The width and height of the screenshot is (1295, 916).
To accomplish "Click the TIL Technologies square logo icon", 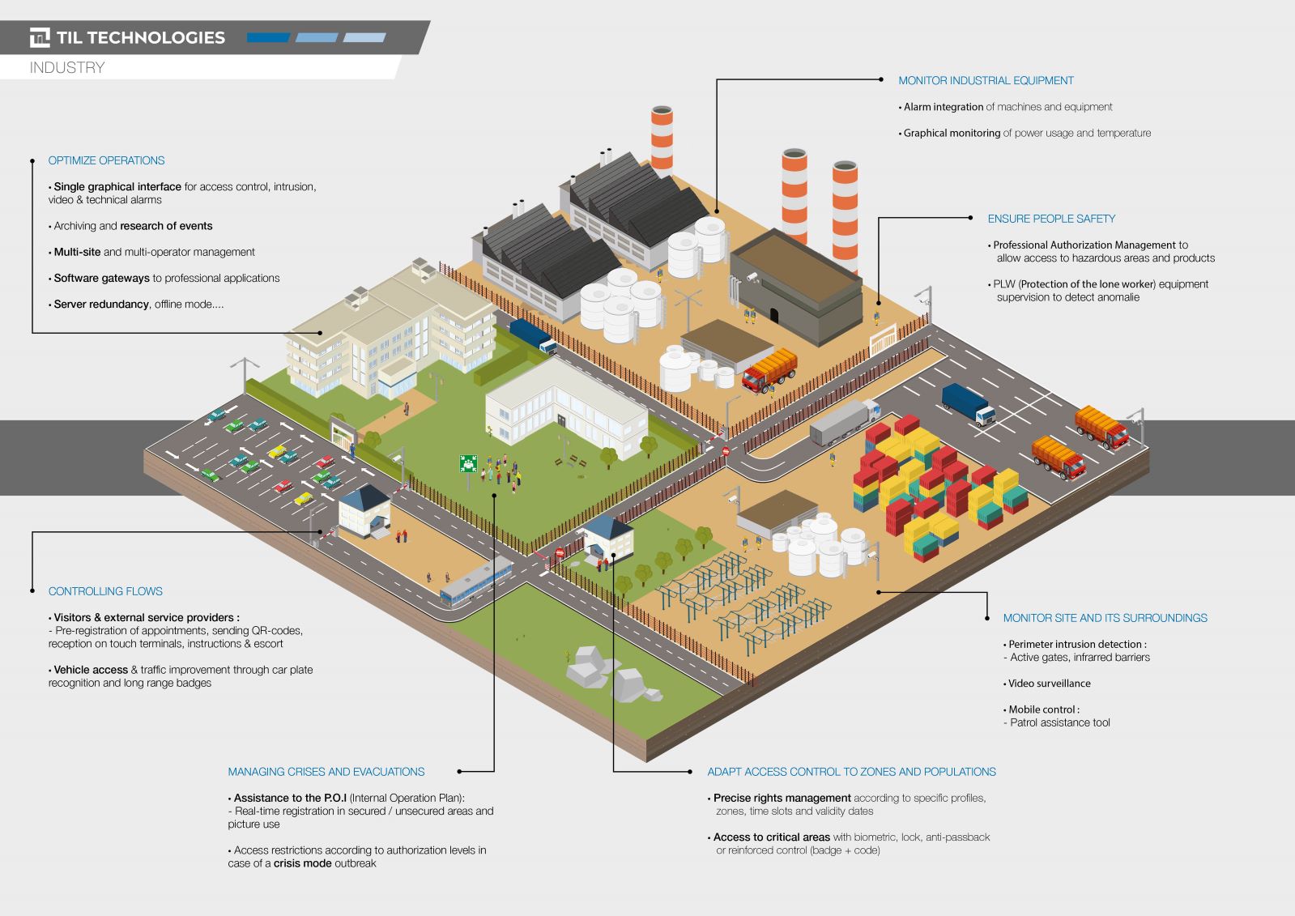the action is pos(40,37).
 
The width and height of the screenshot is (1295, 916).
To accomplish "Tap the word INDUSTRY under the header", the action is pos(67,68).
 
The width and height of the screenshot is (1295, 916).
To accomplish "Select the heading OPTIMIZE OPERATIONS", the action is pos(106,160).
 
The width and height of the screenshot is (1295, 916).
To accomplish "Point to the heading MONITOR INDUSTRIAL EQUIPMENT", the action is pos(986,80).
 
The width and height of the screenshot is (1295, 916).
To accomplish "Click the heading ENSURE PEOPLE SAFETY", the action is pos(1051,219).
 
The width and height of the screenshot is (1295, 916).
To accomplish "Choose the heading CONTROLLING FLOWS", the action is pos(105,591).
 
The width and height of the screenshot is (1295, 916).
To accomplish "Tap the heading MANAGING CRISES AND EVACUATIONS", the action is pos(326,771).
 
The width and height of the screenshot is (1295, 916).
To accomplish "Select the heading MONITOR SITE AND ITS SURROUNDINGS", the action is pos(1105,618).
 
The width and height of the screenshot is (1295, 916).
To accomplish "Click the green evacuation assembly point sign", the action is pos(467,464).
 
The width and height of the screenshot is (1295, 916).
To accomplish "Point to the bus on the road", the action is pos(476,581).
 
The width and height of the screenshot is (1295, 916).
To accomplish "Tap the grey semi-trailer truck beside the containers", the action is pos(845,422).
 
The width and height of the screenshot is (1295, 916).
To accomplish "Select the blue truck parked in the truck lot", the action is pos(968,404).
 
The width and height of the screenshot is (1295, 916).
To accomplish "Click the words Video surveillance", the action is pos(1050,683).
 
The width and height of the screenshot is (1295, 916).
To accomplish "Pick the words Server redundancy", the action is pos(101,305).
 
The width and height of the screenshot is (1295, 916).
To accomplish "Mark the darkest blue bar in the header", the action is pos(268,37).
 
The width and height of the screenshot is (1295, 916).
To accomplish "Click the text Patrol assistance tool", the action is pos(1059,722).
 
